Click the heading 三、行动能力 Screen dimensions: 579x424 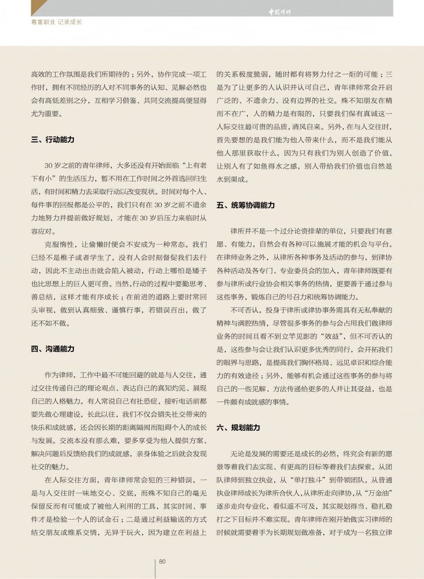pyautogui.click(x=53, y=140)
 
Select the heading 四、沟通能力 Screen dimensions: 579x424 pyautogui.click(x=53, y=349)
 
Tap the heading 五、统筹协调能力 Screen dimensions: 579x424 pyautogui.click(x=245, y=205)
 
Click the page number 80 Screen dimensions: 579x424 pyautogui.click(x=162, y=561)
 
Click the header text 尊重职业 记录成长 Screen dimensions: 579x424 pyautogui.click(x=57, y=22)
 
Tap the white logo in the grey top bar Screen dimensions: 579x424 pyautogui.click(x=280, y=12)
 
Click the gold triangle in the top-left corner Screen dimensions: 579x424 pyautogui.click(x=39, y=7)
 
